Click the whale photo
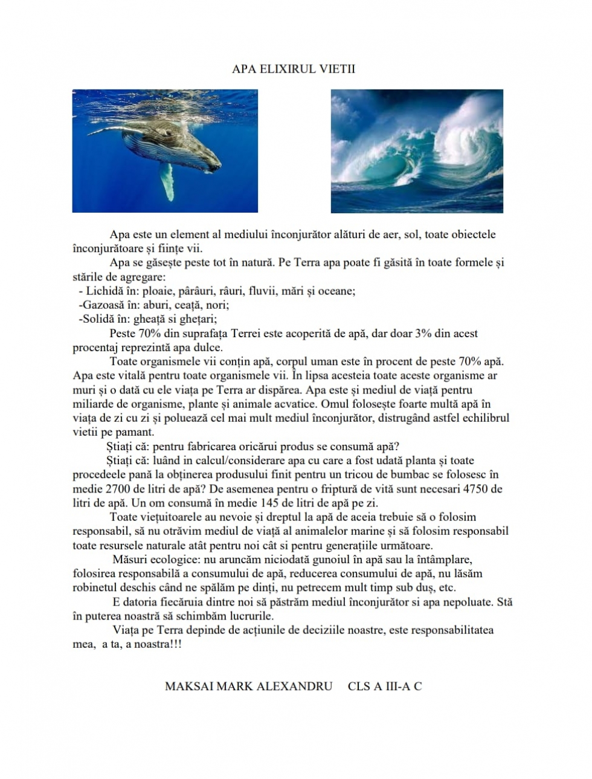tap(165, 151)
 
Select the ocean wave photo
tap(417, 151)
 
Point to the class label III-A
tap(393, 687)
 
